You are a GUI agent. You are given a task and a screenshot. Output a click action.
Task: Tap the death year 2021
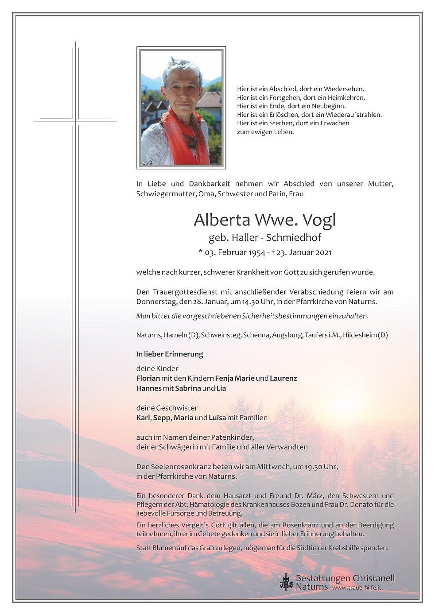point(322,252)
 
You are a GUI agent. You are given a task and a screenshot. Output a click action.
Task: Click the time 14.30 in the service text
point(243,302)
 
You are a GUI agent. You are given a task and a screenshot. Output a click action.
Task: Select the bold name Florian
point(148,378)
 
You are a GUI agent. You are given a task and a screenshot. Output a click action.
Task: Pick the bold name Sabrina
point(188,388)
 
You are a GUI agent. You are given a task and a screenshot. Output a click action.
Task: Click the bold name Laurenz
point(284,378)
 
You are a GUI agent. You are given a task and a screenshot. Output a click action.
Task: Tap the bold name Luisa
point(217,418)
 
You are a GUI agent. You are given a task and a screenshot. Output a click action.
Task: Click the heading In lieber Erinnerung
point(170,354)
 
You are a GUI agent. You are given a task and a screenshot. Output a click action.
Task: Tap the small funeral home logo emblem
point(286,582)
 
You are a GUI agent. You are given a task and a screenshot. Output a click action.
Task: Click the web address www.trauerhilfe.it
point(357,588)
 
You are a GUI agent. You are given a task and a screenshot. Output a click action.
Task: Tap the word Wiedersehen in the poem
point(344,89)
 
